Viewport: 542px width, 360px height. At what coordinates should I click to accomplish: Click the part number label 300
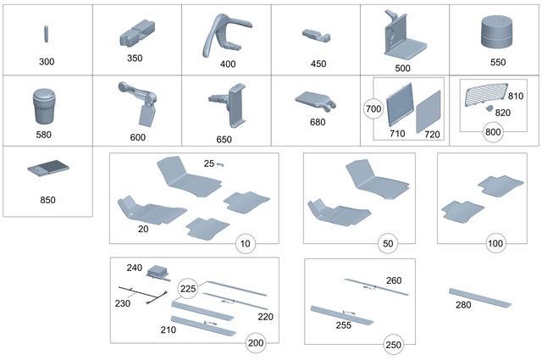click(x=46, y=63)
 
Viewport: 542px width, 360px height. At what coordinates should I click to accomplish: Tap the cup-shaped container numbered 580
click(x=44, y=107)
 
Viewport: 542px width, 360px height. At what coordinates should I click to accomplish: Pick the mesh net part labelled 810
click(x=486, y=98)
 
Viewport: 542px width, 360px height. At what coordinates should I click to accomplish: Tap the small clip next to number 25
click(x=218, y=164)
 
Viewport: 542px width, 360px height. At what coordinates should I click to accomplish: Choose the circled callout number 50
click(x=390, y=243)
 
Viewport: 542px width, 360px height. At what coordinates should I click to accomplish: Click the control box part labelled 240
click(x=158, y=272)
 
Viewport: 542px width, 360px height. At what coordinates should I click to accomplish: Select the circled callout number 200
click(x=255, y=342)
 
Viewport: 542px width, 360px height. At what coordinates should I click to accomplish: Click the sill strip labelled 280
click(x=482, y=296)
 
